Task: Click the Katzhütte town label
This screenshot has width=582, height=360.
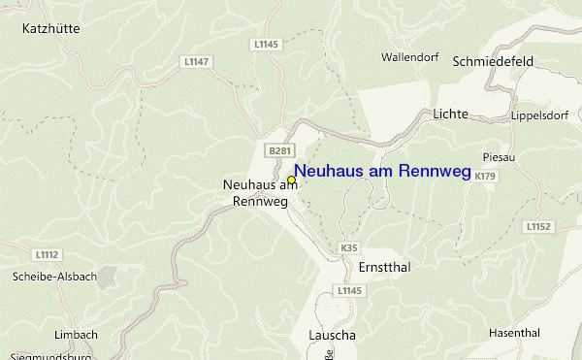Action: tap(50, 29)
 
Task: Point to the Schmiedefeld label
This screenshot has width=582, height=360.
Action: tap(493, 61)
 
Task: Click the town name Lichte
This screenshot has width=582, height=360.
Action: tap(451, 115)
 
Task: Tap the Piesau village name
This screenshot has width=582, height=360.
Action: tap(496, 156)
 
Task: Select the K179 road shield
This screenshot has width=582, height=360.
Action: tap(486, 176)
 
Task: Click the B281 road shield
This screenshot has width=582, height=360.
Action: tap(279, 150)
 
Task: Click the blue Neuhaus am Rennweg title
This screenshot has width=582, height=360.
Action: tap(382, 172)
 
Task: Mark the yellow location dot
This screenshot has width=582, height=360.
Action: tap(291, 180)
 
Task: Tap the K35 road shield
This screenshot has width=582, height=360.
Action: tap(349, 248)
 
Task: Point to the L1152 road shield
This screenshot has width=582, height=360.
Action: tap(539, 226)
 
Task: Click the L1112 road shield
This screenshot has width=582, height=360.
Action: tap(48, 255)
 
